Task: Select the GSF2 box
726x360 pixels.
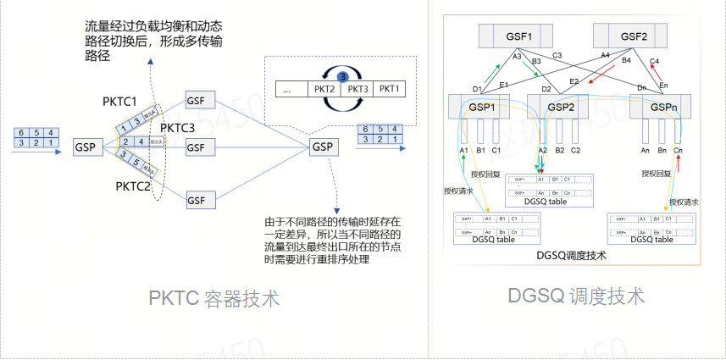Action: (x=633, y=37)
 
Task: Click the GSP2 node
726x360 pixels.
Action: (x=561, y=107)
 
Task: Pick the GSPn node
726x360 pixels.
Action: (x=663, y=107)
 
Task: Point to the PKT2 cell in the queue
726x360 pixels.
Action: (x=324, y=89)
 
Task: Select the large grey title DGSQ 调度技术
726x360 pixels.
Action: (x=577, y=296)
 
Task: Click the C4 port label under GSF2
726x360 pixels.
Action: (x=654, y=61)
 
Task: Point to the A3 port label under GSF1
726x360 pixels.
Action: (x=517, y=56)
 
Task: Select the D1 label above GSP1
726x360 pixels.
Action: (x=477, y=88)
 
